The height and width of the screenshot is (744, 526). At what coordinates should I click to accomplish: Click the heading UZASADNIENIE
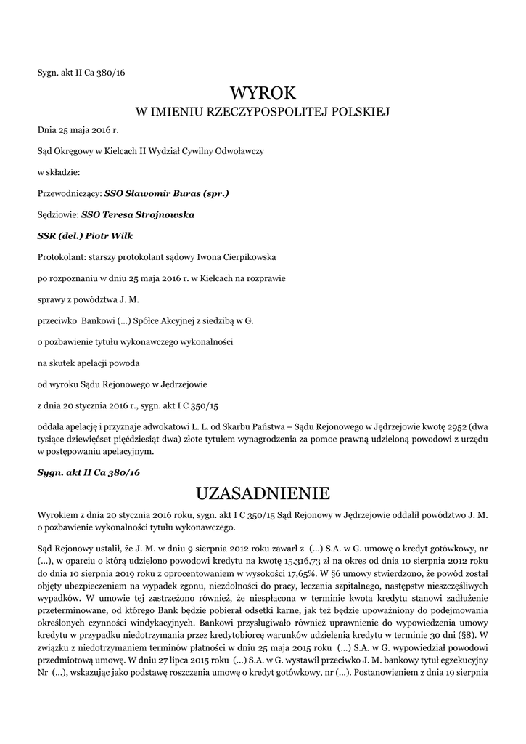pyautogui.click(x=263, y=493)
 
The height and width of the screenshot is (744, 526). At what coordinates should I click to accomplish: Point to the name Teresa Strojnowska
pyautogui.click(x=148, y=215)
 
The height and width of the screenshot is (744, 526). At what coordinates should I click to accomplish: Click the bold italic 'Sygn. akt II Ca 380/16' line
pyautogui.click(x=89, y=472)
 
